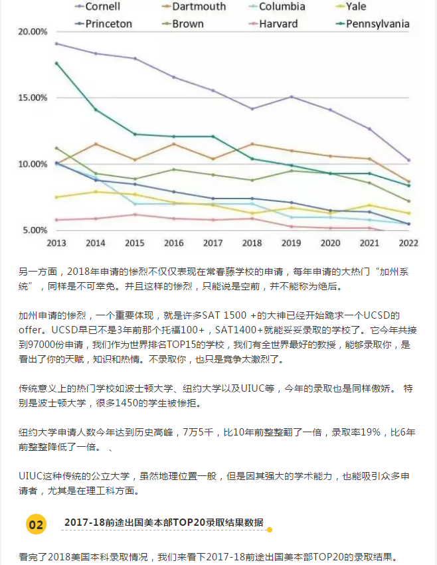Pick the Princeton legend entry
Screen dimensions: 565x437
(105, 24)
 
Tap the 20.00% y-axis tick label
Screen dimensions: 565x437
(33, 32)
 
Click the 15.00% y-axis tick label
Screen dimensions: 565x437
(33, 98)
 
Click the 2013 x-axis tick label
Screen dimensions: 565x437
(56, 243)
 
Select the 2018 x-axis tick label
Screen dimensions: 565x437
(252, 243)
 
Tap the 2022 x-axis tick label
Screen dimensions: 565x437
(408, 243)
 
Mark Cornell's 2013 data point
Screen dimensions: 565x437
(56, 44)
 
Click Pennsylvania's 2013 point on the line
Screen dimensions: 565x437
(56, 63)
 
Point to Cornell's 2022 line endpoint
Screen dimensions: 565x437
(408, 160)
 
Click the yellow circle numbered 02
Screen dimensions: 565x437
(36, 525)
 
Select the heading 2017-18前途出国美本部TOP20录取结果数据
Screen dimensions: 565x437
(163, 523)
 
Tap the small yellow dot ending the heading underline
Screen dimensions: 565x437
(269, 530)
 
